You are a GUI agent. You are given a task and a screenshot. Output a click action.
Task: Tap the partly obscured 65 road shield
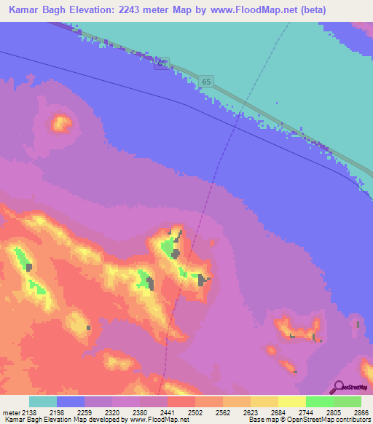[161, 63]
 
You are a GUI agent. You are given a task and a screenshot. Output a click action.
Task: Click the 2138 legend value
[30, 412]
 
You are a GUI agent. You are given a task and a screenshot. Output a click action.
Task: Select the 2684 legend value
[289, 412]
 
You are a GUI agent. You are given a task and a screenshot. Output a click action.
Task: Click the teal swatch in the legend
[43, 401]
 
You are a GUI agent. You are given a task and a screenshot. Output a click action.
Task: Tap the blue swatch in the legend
[71, 401]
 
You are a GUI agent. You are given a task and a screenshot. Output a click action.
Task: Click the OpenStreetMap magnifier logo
[337, 387]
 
